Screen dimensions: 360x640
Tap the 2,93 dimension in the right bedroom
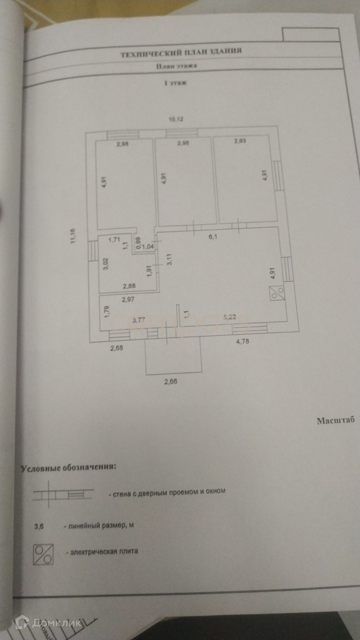[240, 141]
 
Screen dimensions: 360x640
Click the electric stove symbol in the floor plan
[277, 293]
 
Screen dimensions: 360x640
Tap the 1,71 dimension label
[114, 240]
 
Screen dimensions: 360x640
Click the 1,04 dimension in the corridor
[148, 247]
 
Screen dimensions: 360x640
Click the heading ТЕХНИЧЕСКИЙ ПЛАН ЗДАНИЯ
[181, 52]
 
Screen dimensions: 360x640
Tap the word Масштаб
[336, 420]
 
